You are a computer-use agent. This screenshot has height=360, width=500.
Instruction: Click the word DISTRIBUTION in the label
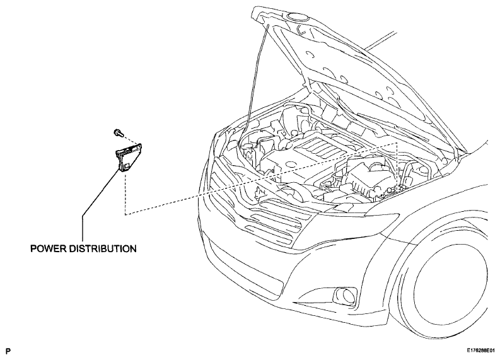click(103, 248)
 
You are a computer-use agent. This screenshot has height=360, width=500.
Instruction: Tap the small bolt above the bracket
click(119, 132)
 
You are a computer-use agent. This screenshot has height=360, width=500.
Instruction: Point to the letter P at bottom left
click(8, 351)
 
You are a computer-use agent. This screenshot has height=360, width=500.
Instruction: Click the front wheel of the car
click(446, 277)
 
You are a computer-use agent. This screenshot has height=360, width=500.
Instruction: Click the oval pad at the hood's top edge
click(296, 16)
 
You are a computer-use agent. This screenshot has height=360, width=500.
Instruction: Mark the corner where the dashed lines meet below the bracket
click(125, 214)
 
